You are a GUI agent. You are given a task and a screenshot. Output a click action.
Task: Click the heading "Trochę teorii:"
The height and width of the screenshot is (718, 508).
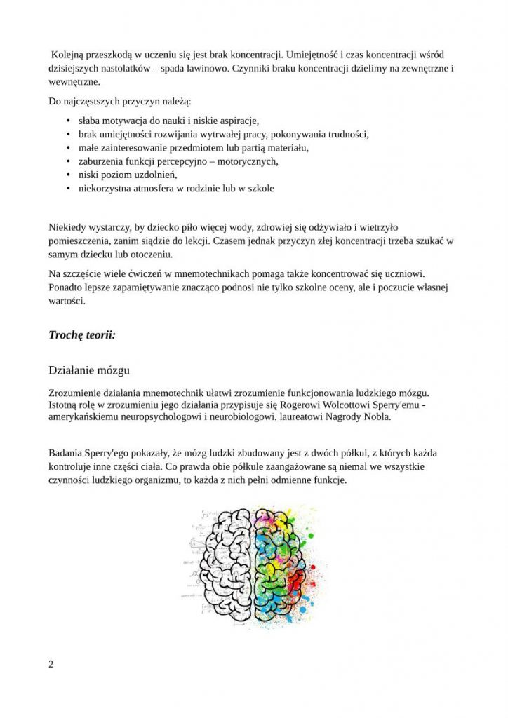tap(82, 335)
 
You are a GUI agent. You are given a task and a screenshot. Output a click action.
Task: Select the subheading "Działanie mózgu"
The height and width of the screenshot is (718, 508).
tap(88, 370)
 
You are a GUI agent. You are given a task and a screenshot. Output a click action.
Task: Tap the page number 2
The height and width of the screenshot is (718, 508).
tap(51, 664)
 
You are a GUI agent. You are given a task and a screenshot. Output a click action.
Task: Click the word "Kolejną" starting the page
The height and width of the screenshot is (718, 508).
tap(69, 55)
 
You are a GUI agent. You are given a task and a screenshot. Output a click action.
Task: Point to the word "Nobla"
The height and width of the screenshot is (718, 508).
tap(373, 416)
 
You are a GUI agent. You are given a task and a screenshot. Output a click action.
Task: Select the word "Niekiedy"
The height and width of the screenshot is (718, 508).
tap(68, 227)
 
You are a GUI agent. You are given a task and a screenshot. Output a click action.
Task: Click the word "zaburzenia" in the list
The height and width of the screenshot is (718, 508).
tap(103, 161)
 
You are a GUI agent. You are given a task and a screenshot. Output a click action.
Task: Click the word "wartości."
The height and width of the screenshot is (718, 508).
tap(67, 302)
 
